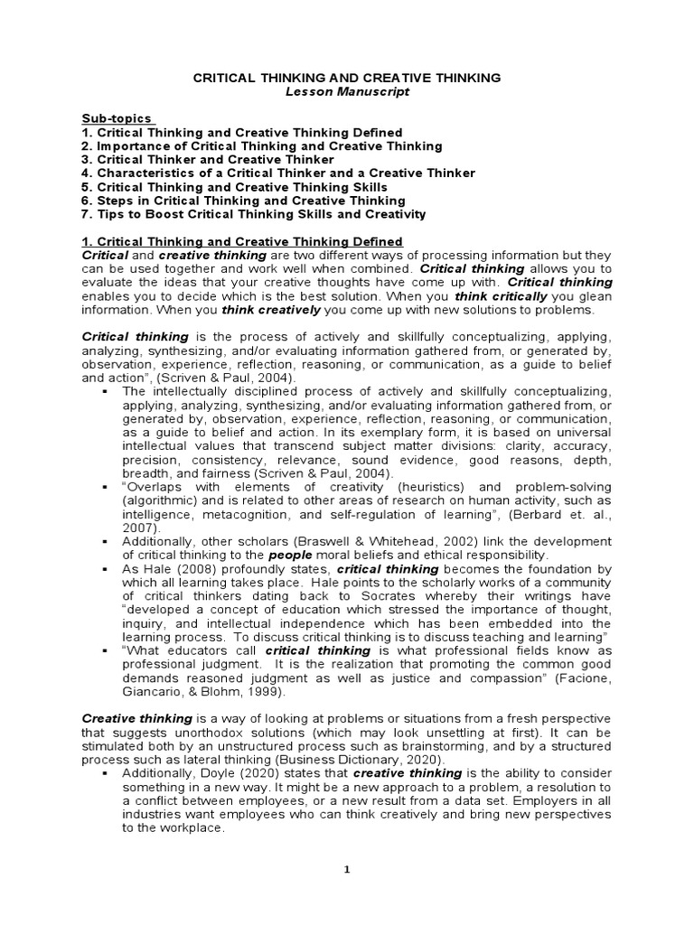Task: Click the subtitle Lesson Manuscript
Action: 347,93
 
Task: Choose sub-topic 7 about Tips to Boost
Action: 253,214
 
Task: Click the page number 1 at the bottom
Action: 347,869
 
